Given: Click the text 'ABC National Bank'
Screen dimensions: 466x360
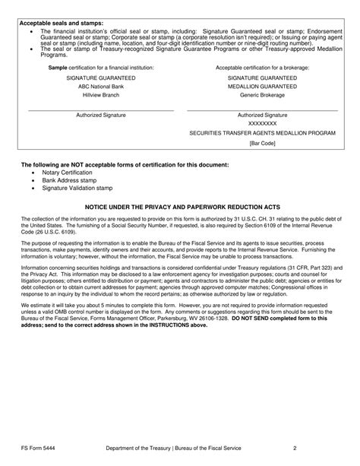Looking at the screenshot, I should click(101, 87).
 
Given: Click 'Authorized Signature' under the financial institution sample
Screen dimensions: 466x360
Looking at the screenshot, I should click(101, 115).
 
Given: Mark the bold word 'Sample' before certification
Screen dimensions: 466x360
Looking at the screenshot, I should click(58, 67).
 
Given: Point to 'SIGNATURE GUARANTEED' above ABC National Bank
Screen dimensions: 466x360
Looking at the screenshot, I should click(101, 78).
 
